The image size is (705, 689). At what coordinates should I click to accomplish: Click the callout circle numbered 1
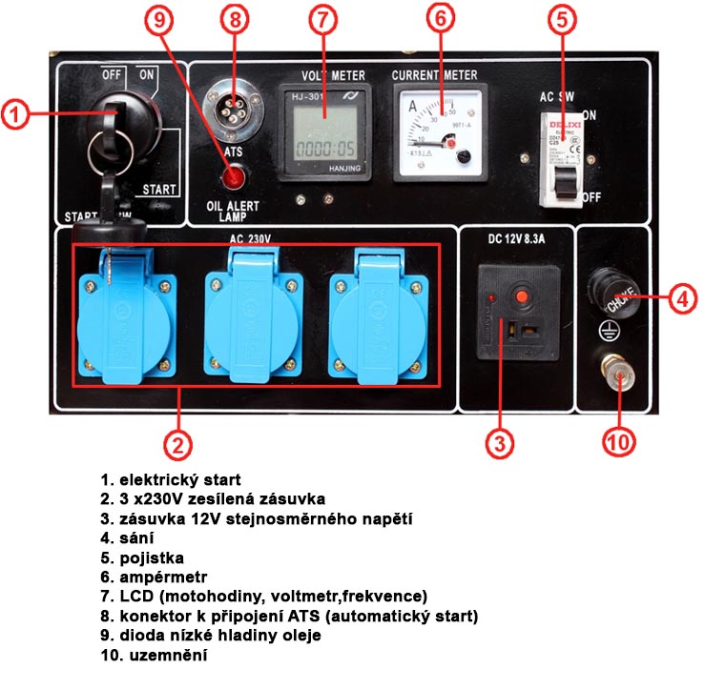pyautogui.click(x=18, y=115)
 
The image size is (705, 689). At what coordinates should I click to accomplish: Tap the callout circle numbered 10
pyautogui.click(x=619, y=441)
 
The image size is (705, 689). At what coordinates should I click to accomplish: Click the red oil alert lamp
pyautogui.click(x=232, y=176)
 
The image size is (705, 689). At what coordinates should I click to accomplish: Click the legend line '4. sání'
pyautogui.click(x=124, y=537)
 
